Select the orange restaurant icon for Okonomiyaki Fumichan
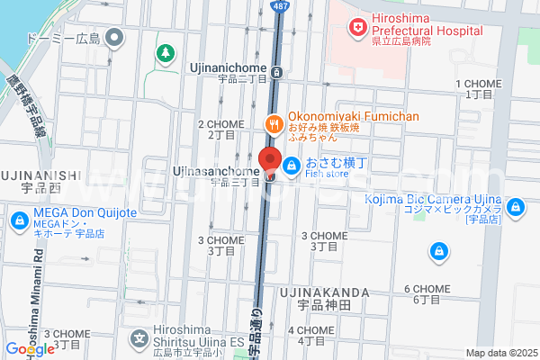(x=271, y=124)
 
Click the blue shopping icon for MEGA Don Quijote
(x=19, y=219)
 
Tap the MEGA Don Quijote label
(x=85, y=212)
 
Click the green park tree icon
(x=166, y=53)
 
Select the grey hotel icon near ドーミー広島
(x=114, y=38)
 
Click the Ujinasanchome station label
(x=216, y=171)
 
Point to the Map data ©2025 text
(x=499, y=353)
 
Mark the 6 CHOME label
(x=427, y=289)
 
